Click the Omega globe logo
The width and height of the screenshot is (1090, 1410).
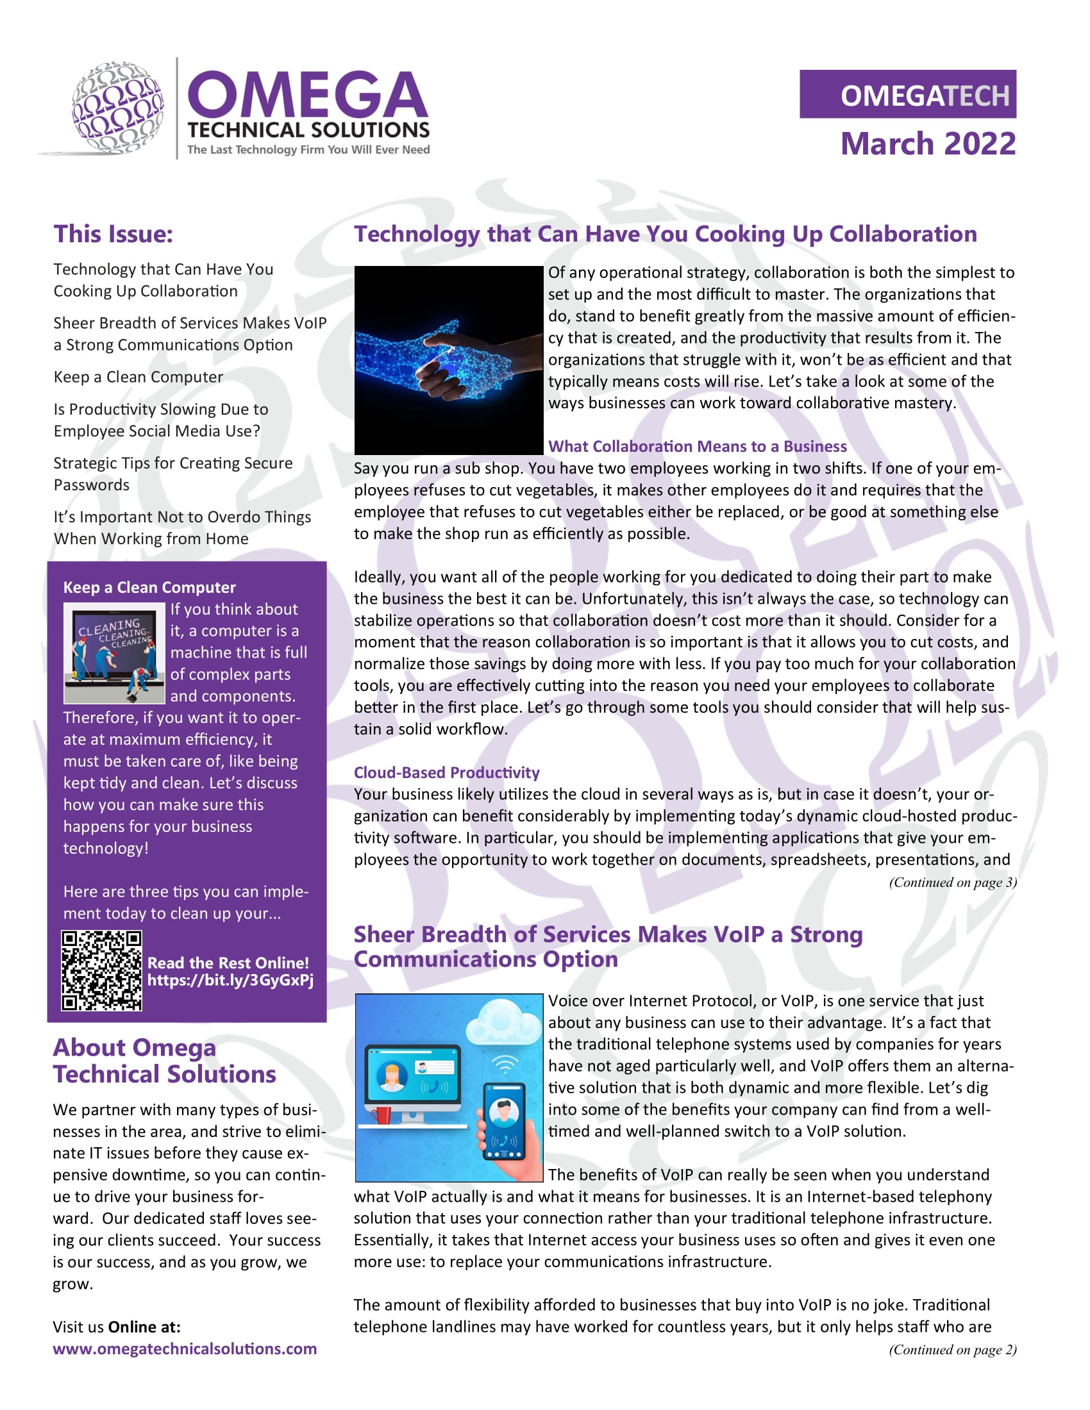[x=117, y=108]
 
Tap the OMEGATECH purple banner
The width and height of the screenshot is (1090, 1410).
[x=907, y=94]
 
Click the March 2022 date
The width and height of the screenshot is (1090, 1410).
[x=928, y=144]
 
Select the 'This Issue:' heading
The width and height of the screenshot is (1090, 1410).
[x=113, y=234]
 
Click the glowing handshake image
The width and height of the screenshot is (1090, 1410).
[x=448, y=360]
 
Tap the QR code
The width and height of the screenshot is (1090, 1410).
[x=101, y=970]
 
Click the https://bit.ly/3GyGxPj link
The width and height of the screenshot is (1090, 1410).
[x=230, y=980]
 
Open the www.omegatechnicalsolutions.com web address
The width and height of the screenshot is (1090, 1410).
[x=185, y=1348]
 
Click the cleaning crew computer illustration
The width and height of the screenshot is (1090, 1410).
[x=114, y=652]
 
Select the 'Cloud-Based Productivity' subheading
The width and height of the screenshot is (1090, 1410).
[x=446, y=772]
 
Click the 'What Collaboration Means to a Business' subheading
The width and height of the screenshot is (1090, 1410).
[x=697, y=446]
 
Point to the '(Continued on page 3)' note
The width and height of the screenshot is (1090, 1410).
[x=952, y=882]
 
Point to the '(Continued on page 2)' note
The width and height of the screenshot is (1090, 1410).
[x=952, y=1349]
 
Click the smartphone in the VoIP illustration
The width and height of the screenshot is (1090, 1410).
[x=504, y=1122]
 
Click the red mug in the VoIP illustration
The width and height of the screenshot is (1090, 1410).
[x=382, y=1115]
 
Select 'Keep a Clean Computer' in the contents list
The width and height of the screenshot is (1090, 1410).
[x=138, y=376]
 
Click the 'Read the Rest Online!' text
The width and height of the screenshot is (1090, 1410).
[x=228, y=963]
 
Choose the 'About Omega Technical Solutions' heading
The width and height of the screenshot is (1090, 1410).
[x=164, y=1061]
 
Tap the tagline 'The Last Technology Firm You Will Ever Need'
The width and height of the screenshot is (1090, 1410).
[x=308, y=150]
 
